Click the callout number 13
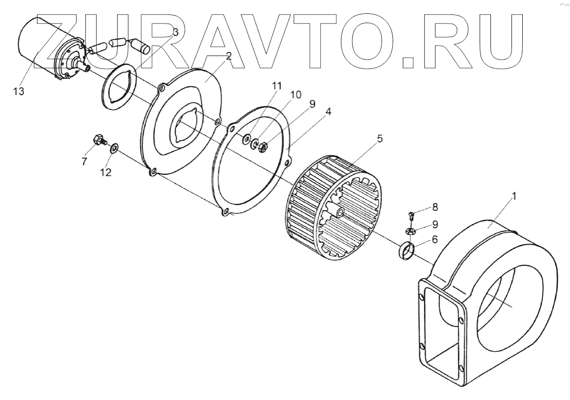click(x=19, y=91)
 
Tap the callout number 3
click(x=176, y=32)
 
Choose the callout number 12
click(x=105, y=172)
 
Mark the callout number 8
click(x=435, y=207)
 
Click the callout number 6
click(x=434, y=239)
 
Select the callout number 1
click(x=514, y=196)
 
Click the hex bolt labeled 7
click(x=97, y=139)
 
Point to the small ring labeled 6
click(x=407, y=252)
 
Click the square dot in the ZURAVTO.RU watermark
click(x=408, y=62)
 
